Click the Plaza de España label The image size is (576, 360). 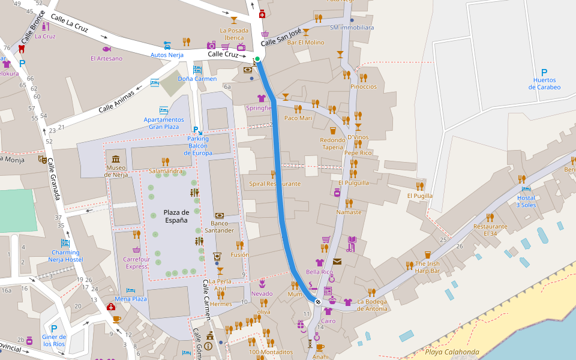[176, 216]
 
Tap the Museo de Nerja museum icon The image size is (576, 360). [116, 159]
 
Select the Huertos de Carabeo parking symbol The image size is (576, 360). [544, 72]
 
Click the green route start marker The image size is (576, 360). [257, 59]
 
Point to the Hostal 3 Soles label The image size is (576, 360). [526, 202]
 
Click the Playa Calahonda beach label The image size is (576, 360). [452, 352]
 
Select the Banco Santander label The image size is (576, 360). [219, 227]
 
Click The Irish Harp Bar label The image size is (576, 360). [427, 268]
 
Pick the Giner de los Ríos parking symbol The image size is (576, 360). [54, 329]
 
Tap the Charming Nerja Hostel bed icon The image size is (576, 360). [65, 243]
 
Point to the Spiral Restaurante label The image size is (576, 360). [275, 184]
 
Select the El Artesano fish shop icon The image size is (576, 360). [106, 49]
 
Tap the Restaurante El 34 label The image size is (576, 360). [490, 230]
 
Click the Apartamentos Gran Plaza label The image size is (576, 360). [164, 123]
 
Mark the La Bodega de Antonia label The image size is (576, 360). [372, 305]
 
